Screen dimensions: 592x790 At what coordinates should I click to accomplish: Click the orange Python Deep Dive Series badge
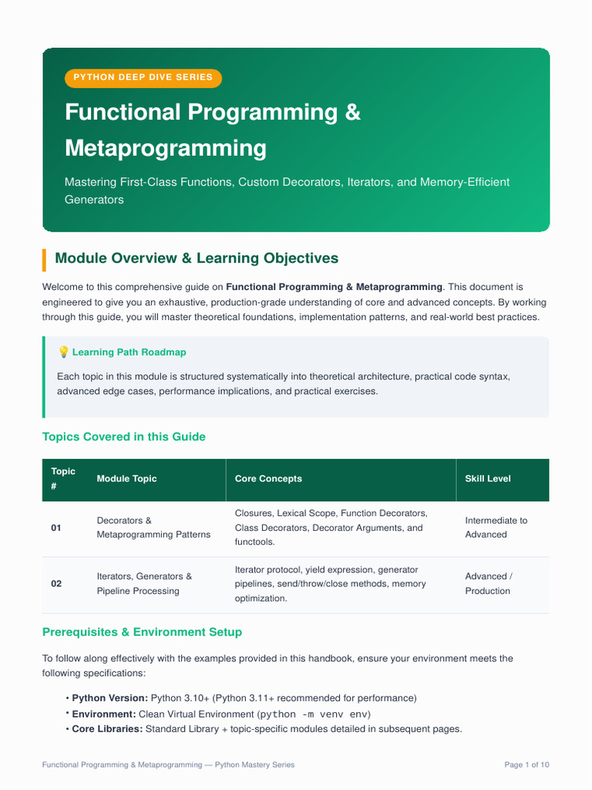pyautogui.click(x=143, y=78)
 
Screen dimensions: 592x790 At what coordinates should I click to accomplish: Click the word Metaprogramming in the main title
pyautogui.click(x=166, y=148)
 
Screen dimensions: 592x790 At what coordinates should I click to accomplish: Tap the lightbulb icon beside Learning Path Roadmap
pyautogui.click(x=63, y=352)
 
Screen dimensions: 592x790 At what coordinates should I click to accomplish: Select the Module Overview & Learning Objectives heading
pyautogui.click(x=197, y=258)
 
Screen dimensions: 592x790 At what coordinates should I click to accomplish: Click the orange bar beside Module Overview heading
pyautogui.click(x=44, y=259)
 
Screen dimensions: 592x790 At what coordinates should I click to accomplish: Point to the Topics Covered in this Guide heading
pyautogui.click(x=124, y=437)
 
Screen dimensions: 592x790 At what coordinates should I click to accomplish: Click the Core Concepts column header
pyautogui.click(x=268, y=478)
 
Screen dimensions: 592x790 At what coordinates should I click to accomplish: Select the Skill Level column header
pyautogui.click(x=488, y=478)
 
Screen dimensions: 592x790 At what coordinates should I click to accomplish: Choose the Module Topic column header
pyautogui.click(x=127, y=478)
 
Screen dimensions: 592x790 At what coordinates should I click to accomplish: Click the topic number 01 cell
pyautogui.click(x=55, y=528)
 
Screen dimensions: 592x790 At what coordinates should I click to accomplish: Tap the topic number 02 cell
pyautogui.click(x=56, y=584)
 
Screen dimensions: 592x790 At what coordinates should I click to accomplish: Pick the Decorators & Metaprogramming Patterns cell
pyautogui.click(x=153, y=528)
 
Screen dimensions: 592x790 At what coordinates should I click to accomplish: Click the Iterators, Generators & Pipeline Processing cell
pyautogui.click(x=144, y=583)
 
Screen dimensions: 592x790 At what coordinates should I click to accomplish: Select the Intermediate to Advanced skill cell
pyautogui.click(x=496, y=528)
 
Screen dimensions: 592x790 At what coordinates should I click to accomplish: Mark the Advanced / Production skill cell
pyautogui.click(x=489, y=583)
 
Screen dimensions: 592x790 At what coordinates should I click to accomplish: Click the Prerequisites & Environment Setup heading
pyautogui.click(x=142, y=633)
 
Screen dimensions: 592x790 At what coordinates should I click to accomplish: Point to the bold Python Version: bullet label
pyautogui.click(x=109, y=698)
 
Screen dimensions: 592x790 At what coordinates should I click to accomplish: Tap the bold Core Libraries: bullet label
pyautogui.click(x=107, y=729)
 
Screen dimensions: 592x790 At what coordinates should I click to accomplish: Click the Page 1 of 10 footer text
pyautogui.click(x=526, y=765)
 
